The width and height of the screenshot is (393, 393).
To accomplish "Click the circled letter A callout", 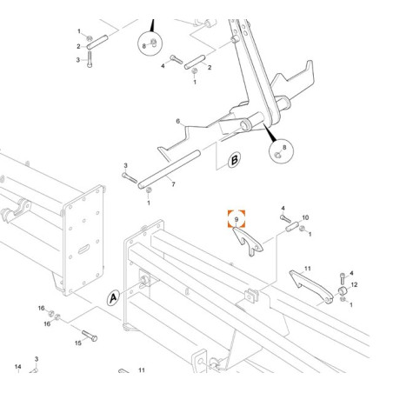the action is pos(113,297).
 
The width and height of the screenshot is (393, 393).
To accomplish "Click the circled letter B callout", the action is pos(234,160).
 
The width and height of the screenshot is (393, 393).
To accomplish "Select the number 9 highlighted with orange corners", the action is pos(236,219).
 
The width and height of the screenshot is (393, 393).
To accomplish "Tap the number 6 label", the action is pos(178,121).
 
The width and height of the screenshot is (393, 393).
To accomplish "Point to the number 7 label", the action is pos(173,184).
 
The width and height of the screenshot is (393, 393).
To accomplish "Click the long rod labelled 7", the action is pos(169,170).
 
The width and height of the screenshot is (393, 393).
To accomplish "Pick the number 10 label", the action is pos(305,217).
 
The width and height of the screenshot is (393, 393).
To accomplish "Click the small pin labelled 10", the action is pos(292,227).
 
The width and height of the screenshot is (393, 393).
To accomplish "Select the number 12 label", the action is pos(354,284).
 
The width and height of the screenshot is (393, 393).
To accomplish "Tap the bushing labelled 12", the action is pos(343,290).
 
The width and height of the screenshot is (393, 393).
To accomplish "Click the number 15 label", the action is pos(78,343).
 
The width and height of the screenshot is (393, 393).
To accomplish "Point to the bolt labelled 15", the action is pos(90,336).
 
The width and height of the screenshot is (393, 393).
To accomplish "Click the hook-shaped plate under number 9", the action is pos(247,242).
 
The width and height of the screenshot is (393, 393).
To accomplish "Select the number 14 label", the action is pos(18,367).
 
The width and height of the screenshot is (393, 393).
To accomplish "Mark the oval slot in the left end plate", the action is pos(83,249).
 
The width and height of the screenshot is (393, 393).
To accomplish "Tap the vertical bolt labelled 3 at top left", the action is pos(90,59).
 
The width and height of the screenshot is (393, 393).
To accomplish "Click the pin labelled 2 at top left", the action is pos(97,42).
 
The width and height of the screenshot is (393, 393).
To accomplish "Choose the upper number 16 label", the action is pos(42,308).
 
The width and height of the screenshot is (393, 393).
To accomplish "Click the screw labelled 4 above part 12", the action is pos(343,278).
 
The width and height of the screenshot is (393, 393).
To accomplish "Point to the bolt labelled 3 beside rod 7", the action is pos(130,178).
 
